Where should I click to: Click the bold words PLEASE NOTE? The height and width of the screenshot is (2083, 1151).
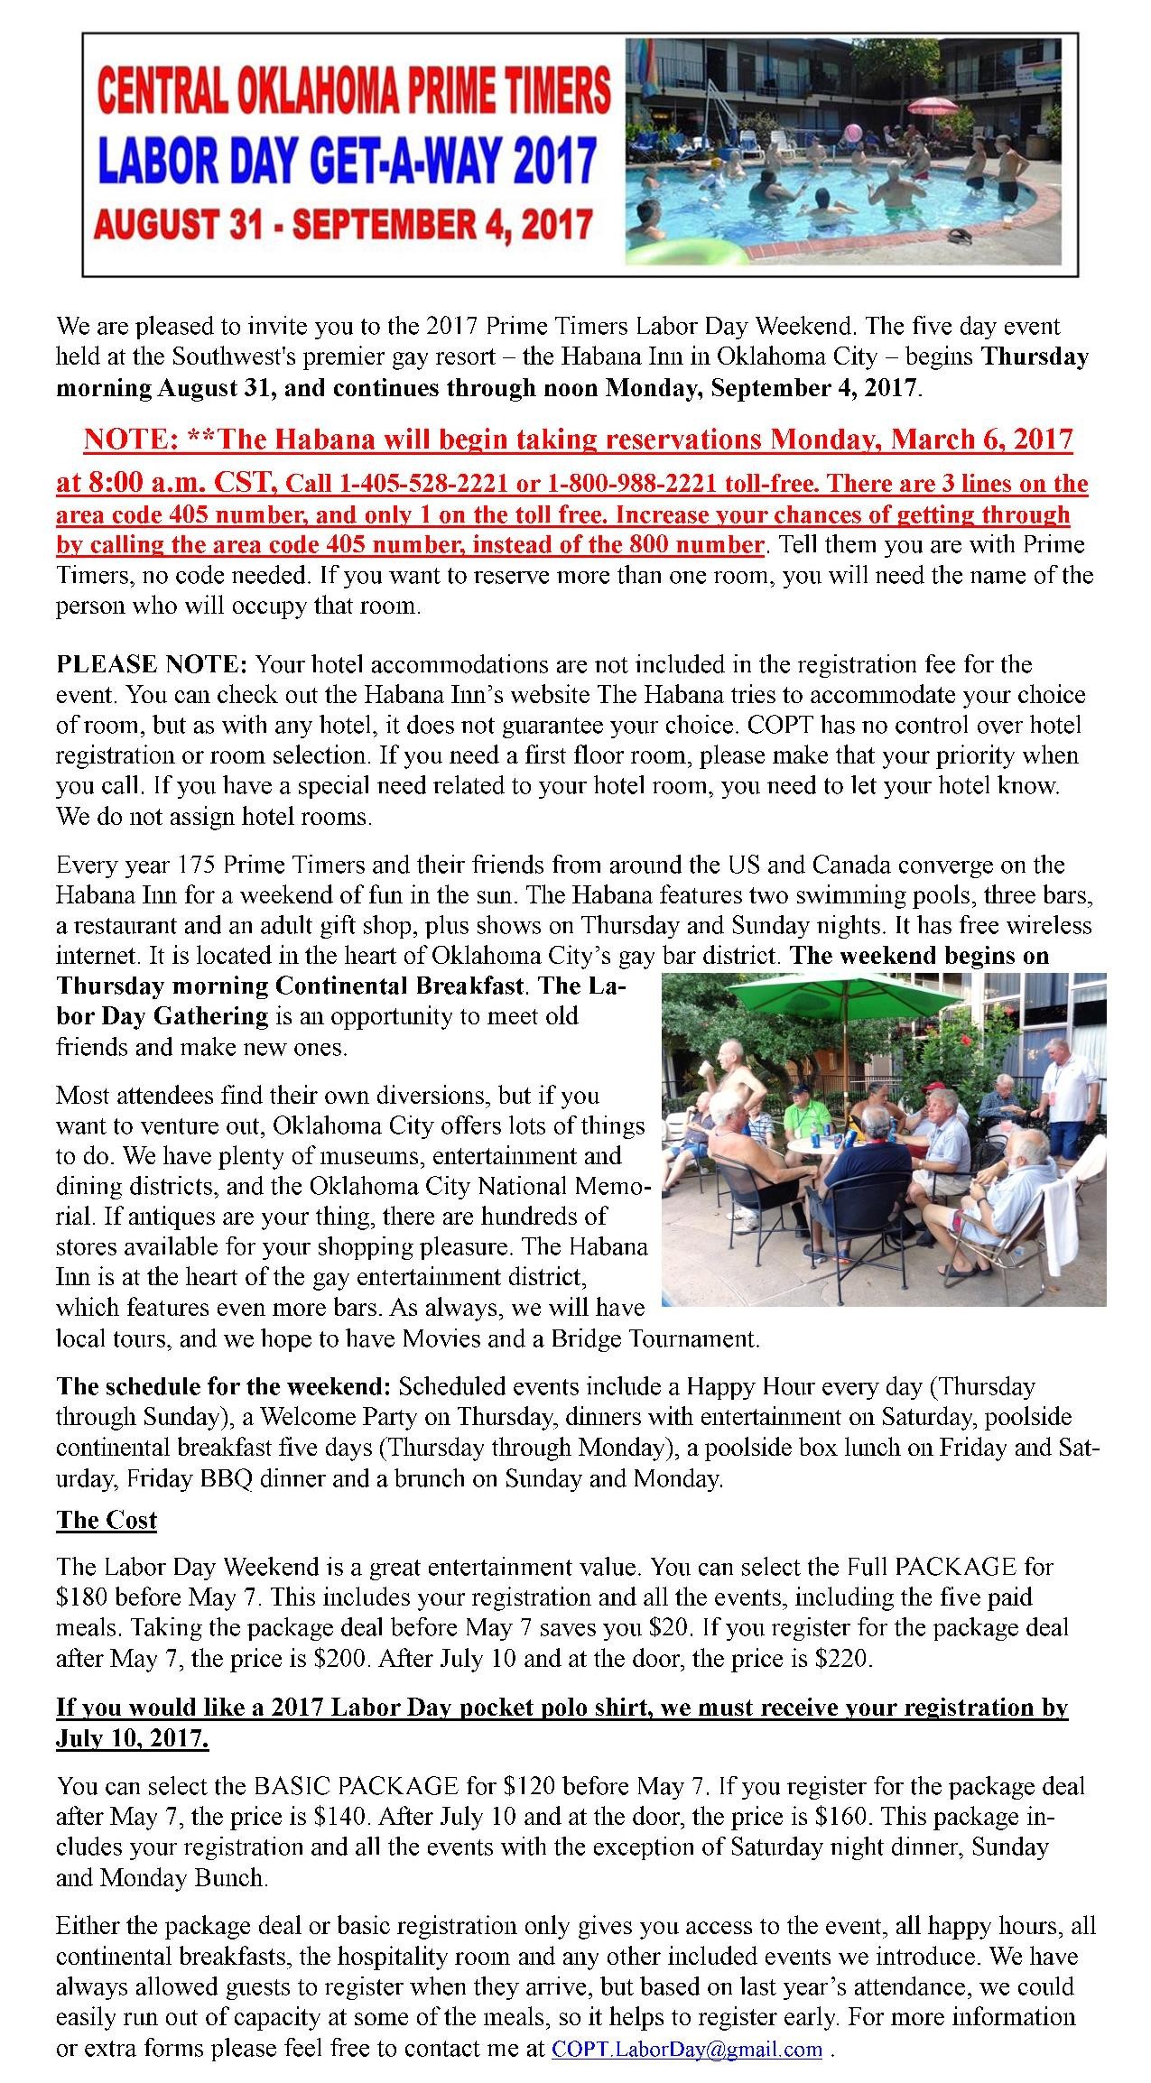[151, 665]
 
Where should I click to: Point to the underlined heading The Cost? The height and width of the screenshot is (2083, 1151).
[107, 1521]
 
